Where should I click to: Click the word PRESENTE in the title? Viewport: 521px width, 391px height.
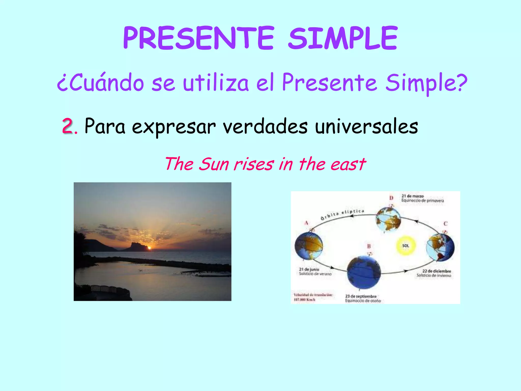(198, 38)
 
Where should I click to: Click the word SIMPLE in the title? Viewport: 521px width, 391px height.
(343, 38)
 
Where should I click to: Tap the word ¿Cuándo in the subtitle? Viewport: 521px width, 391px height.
(100, 83)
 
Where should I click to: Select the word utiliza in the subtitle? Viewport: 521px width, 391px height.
(216, 83)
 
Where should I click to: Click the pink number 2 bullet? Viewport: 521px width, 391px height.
(67, 126)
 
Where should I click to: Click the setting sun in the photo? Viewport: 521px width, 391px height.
(149, 247)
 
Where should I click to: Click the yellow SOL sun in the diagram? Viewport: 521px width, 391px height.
(406, 246)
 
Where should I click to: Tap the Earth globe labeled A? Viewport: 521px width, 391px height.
(309, 246)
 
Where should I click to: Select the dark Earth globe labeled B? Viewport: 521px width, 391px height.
(364, 272)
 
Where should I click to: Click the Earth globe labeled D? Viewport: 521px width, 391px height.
(388, 219)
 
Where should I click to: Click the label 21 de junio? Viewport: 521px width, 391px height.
(309, 269)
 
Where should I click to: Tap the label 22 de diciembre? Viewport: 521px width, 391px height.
(437, 271)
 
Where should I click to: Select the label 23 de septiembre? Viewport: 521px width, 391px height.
(361, 296)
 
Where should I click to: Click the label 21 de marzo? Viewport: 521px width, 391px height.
(412, 196)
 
